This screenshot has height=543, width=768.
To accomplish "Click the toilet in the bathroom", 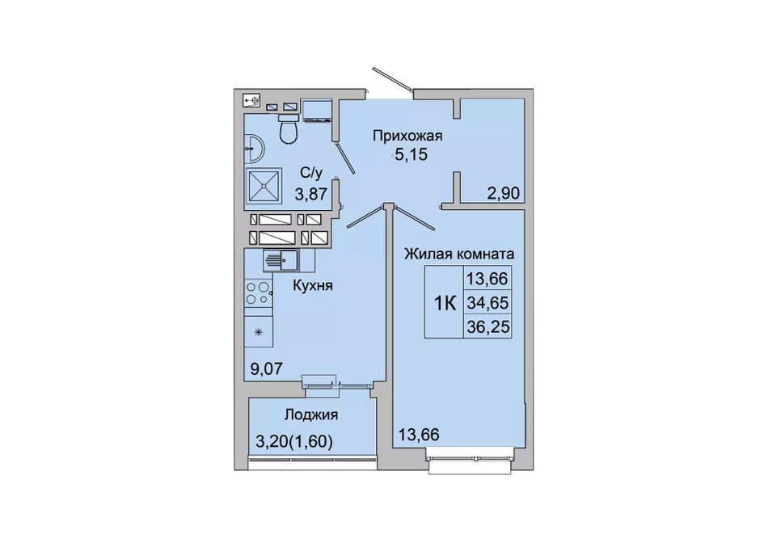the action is tap(288, 128).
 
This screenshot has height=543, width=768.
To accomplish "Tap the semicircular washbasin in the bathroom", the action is tap(254, 146).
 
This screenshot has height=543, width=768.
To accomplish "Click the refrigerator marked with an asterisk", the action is tap(260, 332).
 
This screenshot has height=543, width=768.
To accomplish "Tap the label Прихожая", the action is tap(407, 136).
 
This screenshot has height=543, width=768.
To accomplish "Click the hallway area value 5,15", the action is tap(411, 154).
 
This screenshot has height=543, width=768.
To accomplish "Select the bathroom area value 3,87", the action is tap(310, 195).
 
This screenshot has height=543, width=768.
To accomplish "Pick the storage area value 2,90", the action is tap(503, 193).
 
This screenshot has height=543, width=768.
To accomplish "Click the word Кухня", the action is tap(313, 285).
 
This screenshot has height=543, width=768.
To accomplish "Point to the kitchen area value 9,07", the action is tap(267, 368).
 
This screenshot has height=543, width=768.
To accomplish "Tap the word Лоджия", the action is tap(311, 415).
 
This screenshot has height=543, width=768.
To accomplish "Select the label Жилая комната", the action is tap(459, 254).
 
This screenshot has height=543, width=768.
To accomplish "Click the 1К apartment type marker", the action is tap(445, 304).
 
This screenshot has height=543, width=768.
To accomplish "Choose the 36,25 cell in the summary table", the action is tap(487, 326).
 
